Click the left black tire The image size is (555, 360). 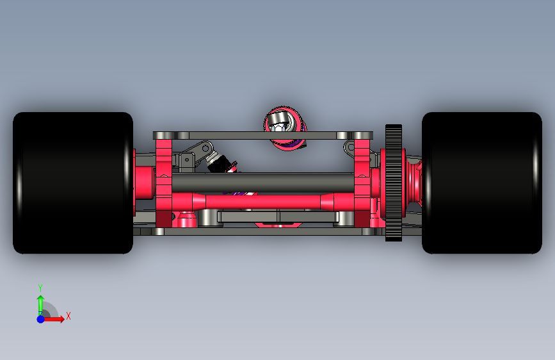tap(73, 183)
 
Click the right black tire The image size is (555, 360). tap(482, 183)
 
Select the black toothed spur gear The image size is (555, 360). tap(394, 183)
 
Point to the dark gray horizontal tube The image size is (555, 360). tap(262, 183)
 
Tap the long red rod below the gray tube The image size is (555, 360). tap(262, 201)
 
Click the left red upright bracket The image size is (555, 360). tap(164, 183)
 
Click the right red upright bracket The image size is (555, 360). tap(362, 183)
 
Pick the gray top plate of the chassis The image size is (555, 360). tap(263, 135)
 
